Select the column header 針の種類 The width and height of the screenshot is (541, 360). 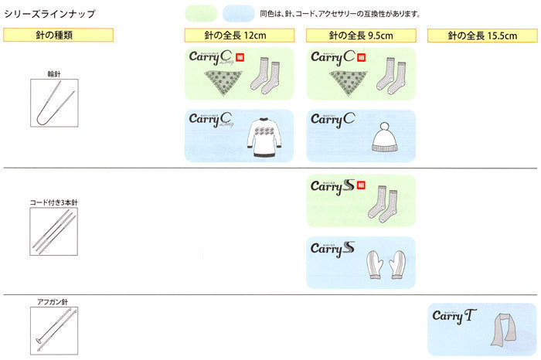(59, 36)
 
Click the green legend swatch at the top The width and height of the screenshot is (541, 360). (202, 14)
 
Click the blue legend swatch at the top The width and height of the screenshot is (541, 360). (238, 14)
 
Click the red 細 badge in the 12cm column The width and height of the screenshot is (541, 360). (240, 56)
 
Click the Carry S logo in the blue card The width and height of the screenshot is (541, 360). (332, 249)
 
